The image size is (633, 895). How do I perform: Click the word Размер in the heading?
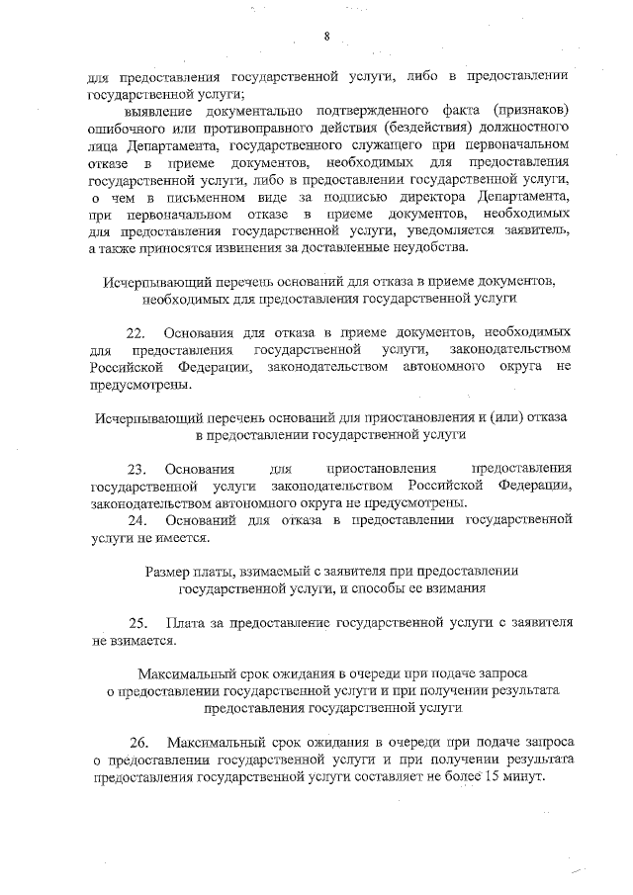[166, 571]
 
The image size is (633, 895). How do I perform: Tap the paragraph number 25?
[138, 623]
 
